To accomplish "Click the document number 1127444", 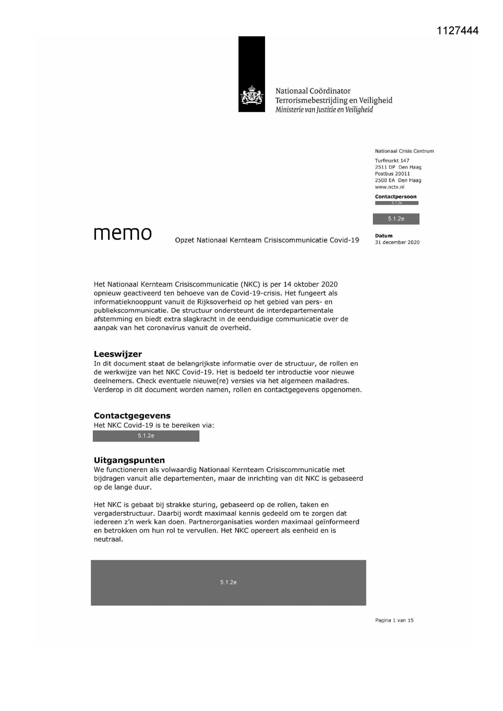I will tap(458, 31).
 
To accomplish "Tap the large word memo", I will tap(123, 233).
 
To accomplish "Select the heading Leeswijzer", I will tap(118, 354).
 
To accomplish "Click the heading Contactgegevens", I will tap(132, 415).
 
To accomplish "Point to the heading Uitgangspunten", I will tap(129, 460).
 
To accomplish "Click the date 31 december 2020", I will tap(397, 242).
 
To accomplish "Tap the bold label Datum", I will tap(383, 236).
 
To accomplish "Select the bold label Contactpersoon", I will tap(396, 197).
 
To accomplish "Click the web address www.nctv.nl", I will tap(390, 187).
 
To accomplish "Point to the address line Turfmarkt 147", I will tap(392, 161).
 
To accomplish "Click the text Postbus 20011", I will tap(392, 173).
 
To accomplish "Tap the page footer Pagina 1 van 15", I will tap(394, 620).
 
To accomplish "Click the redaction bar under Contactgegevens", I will tap(146, 436).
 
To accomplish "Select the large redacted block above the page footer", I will tap(228, 583).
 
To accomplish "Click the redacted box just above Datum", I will tap(396, 219).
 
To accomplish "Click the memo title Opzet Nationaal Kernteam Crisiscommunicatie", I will tap(267, 240).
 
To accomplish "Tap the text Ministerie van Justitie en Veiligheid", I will tap(324, 110).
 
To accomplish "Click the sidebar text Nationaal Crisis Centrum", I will tap(404, 151).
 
